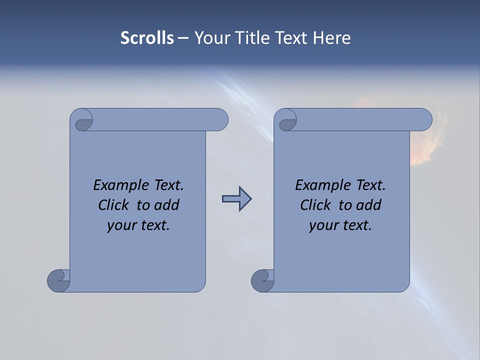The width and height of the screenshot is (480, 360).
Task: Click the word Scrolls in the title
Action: [147, 37]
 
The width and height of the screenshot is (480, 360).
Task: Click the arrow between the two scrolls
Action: [236, 199]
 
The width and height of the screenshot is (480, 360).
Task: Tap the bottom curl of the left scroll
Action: [58, 280]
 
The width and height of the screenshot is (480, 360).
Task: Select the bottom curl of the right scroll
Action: [262, 280]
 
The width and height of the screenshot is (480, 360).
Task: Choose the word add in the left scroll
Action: [167, 205]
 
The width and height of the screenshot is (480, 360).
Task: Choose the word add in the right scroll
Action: [369, 205]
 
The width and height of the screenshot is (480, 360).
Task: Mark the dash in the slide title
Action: [183, 38]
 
